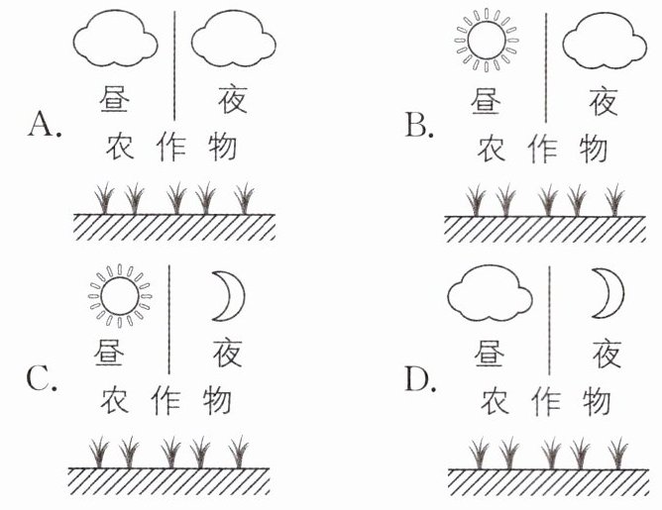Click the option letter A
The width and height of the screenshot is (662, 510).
45,125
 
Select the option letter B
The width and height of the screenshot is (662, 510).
416,125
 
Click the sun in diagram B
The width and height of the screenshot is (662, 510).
487,43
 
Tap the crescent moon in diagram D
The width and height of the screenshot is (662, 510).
607,295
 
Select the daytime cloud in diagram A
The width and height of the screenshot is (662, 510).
115,43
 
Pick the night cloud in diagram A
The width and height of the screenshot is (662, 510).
231,43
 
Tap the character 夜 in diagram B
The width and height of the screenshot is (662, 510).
603,100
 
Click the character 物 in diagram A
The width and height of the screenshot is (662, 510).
223,148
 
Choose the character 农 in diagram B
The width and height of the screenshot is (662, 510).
492,150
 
